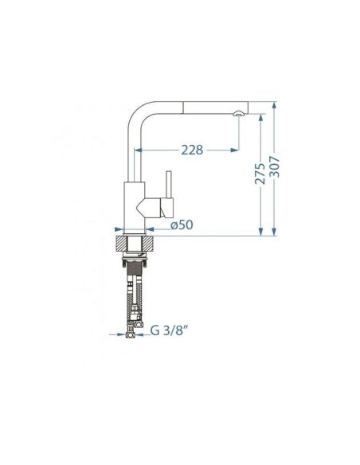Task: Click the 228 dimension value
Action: point(192,150)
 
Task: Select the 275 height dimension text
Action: point(260,174)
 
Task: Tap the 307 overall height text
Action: point(274,166)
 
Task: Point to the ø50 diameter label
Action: point(182,225)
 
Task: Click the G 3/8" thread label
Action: point(170,330)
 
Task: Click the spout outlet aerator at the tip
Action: point(238,113)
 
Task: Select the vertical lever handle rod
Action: point(169,184)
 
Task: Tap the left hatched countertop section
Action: point(120,244)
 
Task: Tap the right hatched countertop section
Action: point(149,244)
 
